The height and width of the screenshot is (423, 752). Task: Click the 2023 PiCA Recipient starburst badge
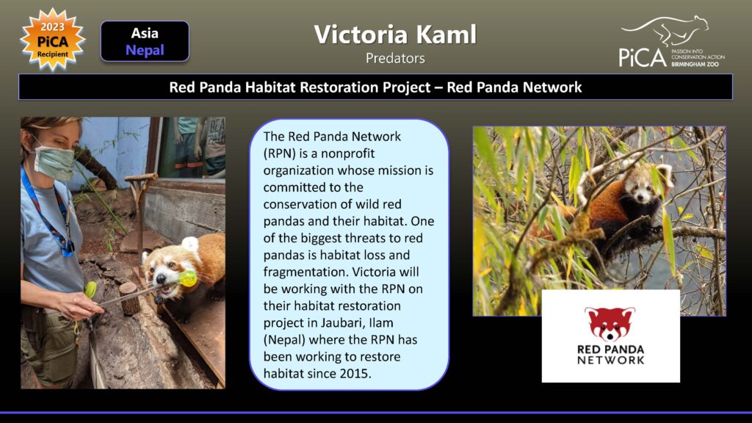pos(52,40)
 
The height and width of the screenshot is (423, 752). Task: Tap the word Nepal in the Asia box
pos(145,50)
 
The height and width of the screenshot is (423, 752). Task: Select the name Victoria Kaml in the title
pos(395,35)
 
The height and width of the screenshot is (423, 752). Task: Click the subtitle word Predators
pos(395,59)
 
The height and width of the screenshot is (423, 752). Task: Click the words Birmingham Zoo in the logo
pos(695,65)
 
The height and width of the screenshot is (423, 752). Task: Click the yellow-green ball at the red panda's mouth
pos(188,278)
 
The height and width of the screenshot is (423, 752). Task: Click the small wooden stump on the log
pos(129,298)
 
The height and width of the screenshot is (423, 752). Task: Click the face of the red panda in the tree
pos(640,192)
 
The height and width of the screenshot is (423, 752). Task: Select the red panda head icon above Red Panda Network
pos(610,324)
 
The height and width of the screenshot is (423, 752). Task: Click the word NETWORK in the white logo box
pos(610,360)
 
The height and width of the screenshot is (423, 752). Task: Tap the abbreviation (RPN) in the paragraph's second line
pos(278,154)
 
